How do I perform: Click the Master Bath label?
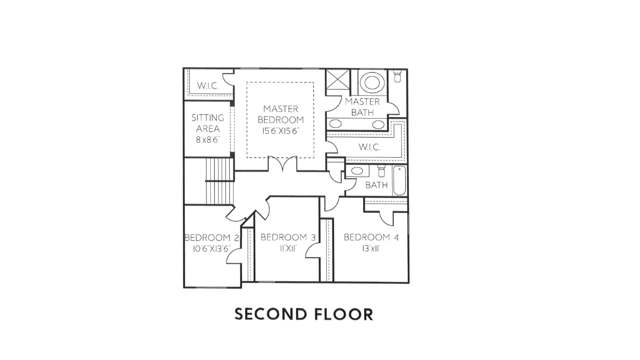[x=362, y=107]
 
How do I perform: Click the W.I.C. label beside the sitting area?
[x=208, y=85]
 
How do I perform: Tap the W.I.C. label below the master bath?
[x=369, y=147]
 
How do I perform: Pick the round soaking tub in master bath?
[x=372, y=82]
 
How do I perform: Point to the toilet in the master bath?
[x=398, y=76]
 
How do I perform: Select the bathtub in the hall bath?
[x=400, y=181]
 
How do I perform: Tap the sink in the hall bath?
[x=356, y=171]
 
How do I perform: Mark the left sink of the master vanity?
[x=336, y=124]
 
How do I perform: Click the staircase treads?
[x=220, y=182]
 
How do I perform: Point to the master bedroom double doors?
[x=283, y=164]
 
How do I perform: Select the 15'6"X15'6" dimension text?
[x=281, y=131]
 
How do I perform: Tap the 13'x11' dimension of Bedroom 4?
[x=371, y=249]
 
